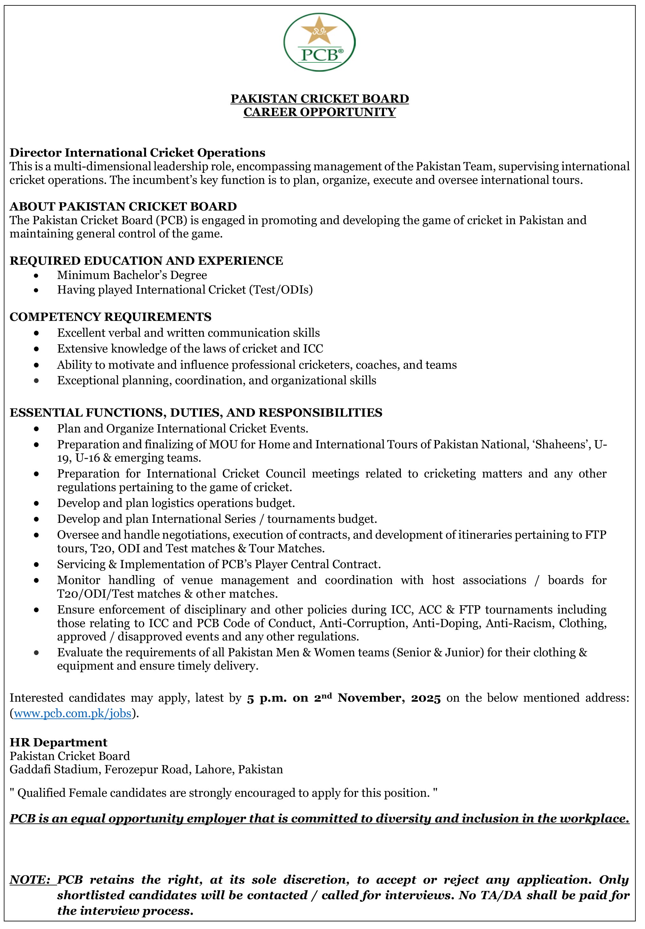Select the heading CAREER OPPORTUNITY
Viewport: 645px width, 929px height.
(319, 112)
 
